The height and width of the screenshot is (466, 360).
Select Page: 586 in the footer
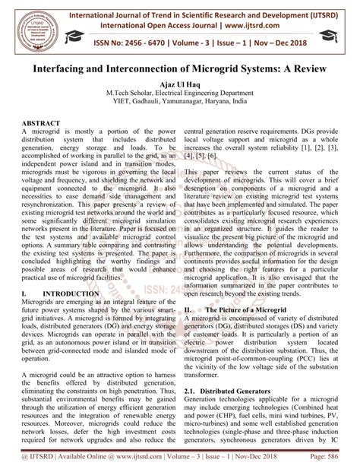[334, 458]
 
